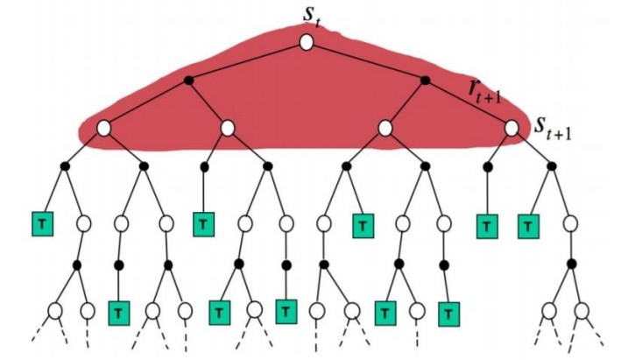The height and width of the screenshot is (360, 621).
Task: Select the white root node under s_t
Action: (x=306, y=42)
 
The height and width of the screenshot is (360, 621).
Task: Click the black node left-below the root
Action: (x=187, y=81)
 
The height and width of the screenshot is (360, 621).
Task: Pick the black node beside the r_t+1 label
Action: (x=426, y=81)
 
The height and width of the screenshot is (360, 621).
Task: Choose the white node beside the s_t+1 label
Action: (x=512, y=128)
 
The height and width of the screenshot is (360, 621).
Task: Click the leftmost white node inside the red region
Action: (x=102, y=128)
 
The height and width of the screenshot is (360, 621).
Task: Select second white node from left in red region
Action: (x=228, y=128)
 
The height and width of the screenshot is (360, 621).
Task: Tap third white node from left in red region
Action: (x=385, y=128)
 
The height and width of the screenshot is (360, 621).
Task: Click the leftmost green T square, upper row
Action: (x=41, y=223)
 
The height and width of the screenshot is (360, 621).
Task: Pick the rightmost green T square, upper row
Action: (x=528, y=225)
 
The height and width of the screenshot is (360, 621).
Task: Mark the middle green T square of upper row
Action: (x=361, y=225)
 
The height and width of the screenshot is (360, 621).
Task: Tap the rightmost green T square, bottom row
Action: (x=448, y=311)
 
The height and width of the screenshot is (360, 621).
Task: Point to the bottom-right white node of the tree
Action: (x=582, y=310)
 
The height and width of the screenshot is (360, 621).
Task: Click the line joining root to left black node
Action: (x=247, y=61)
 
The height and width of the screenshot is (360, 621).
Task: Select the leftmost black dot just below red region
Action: (x=64, y=166)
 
